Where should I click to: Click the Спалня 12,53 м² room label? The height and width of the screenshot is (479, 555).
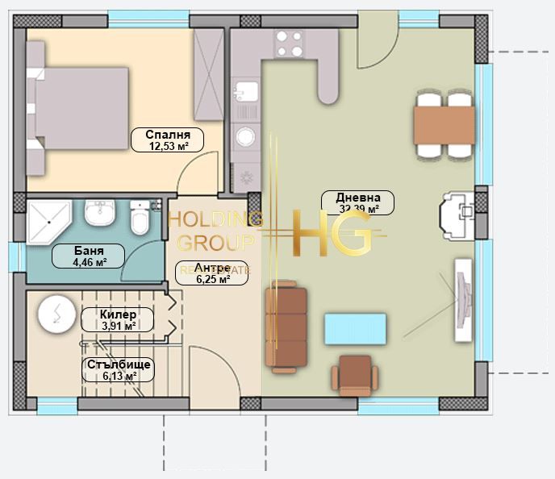(x=168, y=140)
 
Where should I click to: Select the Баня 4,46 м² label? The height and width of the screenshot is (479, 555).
(x=89, y=256)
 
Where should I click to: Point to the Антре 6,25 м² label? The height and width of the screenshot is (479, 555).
(x=212, y=273)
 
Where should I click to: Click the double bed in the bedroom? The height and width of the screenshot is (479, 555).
(x=79, y=108)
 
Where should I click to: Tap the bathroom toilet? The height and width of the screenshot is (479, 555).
(x=140, y=219)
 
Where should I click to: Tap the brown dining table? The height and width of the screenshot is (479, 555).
(x=444, y=124)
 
